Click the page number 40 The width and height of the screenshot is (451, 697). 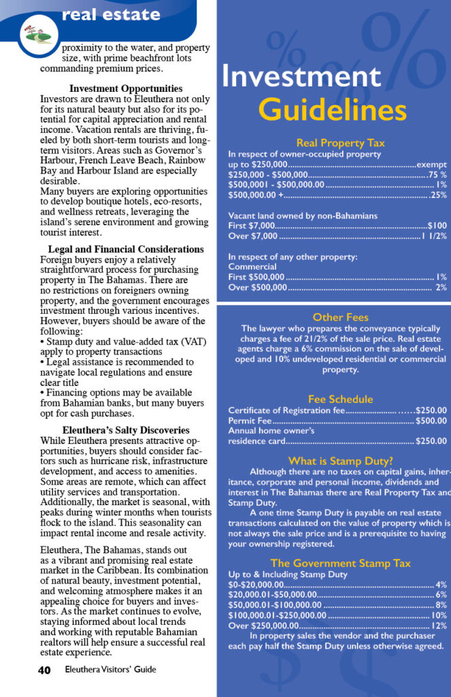coord(44,670)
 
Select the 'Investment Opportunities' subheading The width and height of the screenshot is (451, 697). coord(126,88)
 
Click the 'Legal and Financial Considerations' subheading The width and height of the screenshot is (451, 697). coord(126,250)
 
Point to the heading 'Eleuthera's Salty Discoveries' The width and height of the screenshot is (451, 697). coord(126,430)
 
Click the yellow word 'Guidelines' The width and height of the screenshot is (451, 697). coord(333,110)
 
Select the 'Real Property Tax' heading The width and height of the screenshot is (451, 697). coord(340,143)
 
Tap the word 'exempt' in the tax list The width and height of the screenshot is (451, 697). coord(431,165)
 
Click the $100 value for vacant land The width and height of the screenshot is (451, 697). coord(437,225)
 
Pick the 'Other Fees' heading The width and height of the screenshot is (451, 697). coord(340,317)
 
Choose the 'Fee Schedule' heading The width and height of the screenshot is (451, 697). coord(340,400)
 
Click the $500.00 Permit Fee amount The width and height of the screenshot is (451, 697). coord(431,421)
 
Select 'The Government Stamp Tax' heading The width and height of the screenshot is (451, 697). coord(340,563)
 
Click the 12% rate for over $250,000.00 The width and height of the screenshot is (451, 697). coord(439,626)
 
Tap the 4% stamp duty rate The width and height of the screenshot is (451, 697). coord(441,585)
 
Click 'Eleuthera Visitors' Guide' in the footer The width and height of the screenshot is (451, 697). coord(110,670)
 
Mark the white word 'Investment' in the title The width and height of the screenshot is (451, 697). coord(301,76)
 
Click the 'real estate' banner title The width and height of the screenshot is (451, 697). coord(111,14)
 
